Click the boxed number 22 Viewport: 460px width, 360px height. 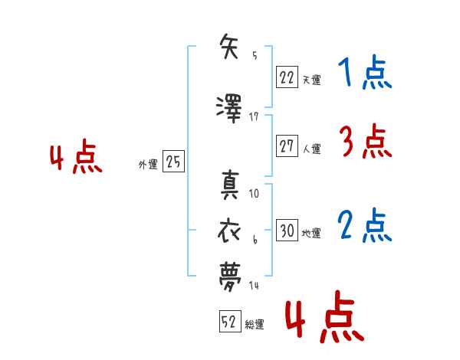(x=287, y=77)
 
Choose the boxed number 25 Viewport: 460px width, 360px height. (x=173, y=162)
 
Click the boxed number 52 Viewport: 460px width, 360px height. (x=229, y=323)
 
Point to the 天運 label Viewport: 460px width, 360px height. (x=312, y=79)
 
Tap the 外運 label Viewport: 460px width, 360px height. (x=147, y=164)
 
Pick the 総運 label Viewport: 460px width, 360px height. (x=255, y=325)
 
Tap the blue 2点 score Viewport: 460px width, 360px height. (x=365, y=225)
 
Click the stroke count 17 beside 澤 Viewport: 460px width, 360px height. (x=255, y=116)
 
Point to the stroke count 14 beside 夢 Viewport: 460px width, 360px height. (x=255, y=285)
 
